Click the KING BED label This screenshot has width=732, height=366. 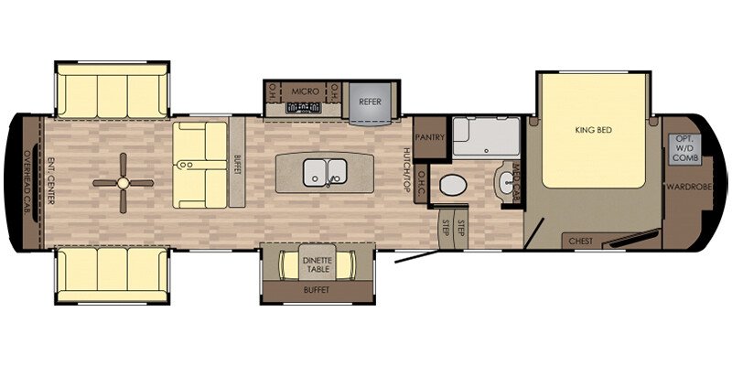point(592,130)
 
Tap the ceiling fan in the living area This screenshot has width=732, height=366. point(121,182)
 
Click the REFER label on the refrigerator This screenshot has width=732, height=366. point(370,102)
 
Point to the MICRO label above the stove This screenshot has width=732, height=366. point(304,92)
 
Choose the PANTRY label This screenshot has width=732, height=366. point(429,137)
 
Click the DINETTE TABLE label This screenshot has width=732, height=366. point(318,266)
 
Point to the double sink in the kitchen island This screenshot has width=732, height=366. point(325,170)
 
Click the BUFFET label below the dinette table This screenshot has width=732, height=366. point(317,290)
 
